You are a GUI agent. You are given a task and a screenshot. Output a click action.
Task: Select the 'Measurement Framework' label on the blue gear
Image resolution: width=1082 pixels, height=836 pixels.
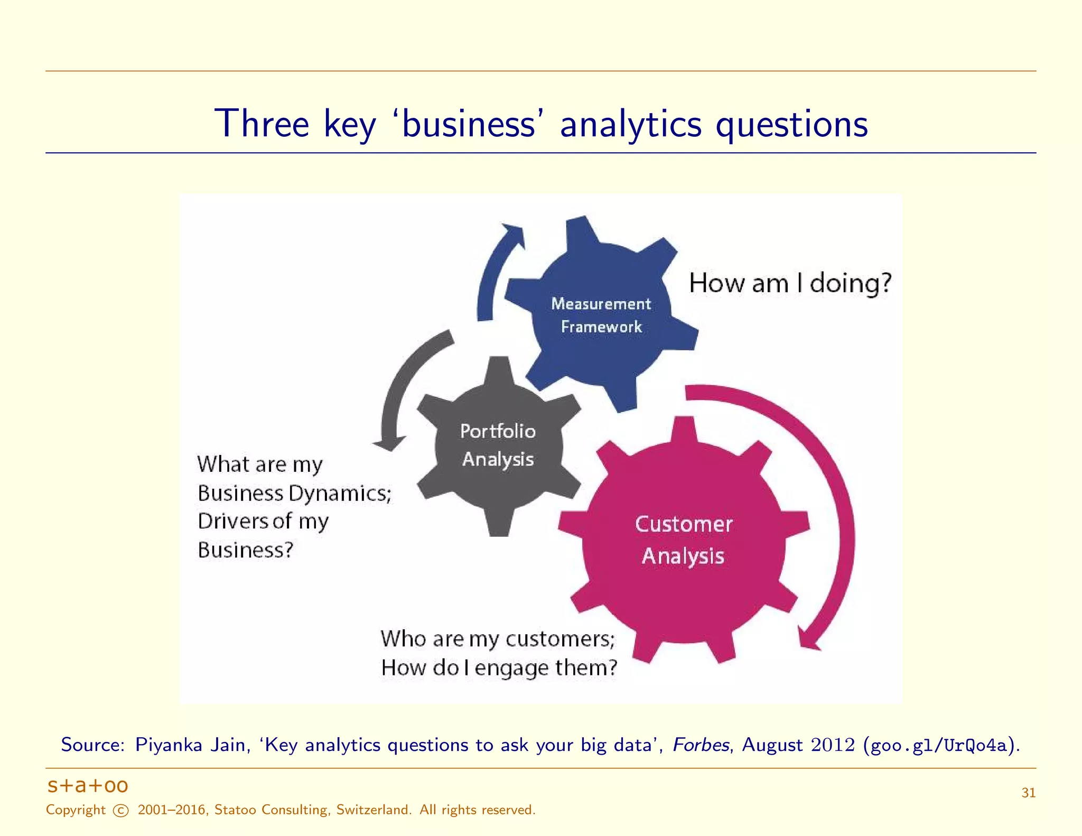point(601,315)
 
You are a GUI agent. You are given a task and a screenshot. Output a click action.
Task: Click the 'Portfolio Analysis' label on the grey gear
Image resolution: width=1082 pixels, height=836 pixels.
point(498,445)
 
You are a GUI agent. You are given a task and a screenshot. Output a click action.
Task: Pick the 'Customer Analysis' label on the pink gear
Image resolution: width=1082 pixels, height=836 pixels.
point(683,540)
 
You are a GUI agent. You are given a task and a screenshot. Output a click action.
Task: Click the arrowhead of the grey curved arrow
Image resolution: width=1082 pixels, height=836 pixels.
point(389,443)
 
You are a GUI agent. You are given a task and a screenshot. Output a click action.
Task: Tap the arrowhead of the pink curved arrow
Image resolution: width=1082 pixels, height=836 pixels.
point(808,640)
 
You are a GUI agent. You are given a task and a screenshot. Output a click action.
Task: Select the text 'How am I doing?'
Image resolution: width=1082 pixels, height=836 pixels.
point(790,283)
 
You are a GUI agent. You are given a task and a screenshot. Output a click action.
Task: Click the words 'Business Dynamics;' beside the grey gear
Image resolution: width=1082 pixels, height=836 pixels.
point(294,493)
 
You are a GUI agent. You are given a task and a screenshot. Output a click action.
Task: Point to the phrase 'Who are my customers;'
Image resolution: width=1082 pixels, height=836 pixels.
point(498,639)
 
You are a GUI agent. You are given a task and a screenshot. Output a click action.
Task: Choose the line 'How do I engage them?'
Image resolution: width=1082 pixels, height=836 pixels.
point(499,668)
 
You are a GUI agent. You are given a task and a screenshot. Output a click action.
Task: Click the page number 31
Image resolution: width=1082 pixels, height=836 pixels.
point(1028,793)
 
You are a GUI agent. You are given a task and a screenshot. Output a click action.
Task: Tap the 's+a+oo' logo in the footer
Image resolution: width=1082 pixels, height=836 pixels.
point(88,786)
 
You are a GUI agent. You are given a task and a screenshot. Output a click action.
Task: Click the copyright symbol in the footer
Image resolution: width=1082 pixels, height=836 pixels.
point(121,811)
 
